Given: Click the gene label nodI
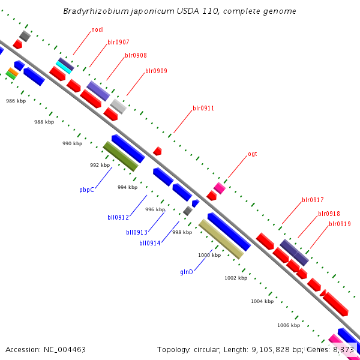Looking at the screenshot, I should pos(98,29).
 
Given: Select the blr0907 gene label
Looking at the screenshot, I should pos(118,43).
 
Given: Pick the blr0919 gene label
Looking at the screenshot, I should pos(340,224).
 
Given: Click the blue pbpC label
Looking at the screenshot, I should pos(87,190).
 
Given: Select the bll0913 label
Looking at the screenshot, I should pos(137,232).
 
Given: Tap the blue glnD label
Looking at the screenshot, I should pos(187,272).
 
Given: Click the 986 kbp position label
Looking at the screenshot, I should pos(16,101).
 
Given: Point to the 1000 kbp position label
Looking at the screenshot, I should pos(209,255).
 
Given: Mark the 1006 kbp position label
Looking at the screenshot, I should pos(289,325).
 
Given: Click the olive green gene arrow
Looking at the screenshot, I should pos(120,156).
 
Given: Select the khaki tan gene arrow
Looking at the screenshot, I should pos(221,239).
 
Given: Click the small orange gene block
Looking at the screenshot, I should pos(13,71).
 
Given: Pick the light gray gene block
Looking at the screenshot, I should pos(118,106).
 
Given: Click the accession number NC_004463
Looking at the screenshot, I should pos(46,349).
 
